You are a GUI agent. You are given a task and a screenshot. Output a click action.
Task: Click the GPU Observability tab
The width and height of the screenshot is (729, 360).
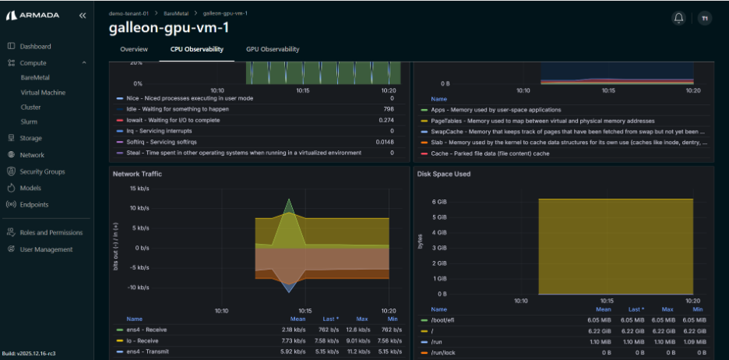[272, 49]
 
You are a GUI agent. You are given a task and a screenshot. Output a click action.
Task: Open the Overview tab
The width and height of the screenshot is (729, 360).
[134, 49]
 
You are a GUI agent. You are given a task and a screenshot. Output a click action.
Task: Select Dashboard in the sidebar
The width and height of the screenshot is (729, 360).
[35, 47]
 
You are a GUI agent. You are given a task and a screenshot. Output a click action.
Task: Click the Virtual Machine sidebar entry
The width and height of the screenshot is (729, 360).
[43, 93]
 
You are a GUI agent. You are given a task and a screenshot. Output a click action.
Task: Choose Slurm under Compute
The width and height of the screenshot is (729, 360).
[29, 122]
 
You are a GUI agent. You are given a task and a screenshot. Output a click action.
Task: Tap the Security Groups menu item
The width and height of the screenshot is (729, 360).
[42, 171]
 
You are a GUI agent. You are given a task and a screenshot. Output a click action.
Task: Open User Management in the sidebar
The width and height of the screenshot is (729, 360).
[46, 249]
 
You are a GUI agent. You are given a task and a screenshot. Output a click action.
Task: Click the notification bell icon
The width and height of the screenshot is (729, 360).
[678, 18]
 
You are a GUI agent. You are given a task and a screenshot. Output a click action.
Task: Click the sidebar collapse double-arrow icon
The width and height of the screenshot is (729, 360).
[83, 16]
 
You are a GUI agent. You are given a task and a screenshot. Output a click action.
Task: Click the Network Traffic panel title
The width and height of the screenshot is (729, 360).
[137, 174]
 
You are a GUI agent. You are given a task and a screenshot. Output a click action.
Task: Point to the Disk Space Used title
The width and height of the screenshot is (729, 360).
[444, 174]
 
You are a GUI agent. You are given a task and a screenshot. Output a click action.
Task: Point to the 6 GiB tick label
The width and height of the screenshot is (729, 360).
[439, 202]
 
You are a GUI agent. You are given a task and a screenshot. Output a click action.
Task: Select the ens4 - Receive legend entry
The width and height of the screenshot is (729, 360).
[146, 330]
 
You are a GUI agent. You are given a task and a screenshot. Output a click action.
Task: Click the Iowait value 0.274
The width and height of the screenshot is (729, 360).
[386, 120]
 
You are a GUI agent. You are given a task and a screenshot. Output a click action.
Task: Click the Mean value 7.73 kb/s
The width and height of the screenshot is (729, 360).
[293, 341]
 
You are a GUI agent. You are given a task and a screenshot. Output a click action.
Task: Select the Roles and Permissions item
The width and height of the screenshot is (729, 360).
[51, 232]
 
